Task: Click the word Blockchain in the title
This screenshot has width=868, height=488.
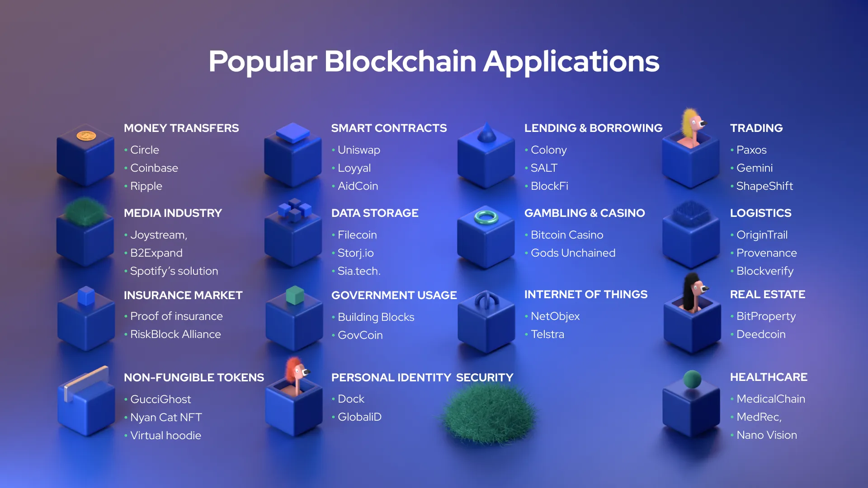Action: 400,61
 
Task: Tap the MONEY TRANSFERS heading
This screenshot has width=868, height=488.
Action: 181,128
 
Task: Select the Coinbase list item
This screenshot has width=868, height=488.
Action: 154,168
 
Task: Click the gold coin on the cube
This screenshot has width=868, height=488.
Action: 86,136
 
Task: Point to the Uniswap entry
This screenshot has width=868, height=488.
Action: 359,150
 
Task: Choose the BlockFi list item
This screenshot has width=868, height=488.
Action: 549,186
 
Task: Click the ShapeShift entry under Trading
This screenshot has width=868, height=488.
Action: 764,186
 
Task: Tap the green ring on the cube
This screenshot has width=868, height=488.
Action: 486,217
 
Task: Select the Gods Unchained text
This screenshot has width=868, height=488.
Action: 573,253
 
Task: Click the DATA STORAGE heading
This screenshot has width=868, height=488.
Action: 375,213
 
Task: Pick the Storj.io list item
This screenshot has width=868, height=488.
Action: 355,253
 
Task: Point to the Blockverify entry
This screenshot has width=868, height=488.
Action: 764,271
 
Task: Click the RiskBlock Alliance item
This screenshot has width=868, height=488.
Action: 175,334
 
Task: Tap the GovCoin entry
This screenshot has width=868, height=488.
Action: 360,335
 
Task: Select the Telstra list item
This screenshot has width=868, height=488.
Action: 547,334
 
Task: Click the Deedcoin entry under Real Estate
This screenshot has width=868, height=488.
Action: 761,334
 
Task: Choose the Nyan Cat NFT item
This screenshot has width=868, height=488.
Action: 166,418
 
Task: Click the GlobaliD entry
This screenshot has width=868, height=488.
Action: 359,417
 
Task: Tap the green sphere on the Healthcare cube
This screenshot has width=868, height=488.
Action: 692,379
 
